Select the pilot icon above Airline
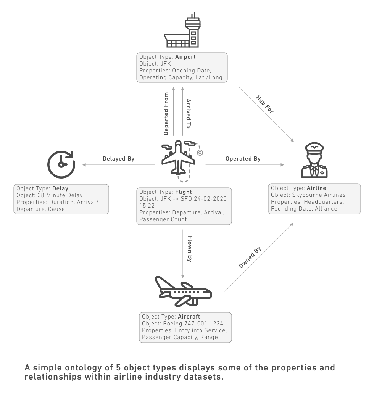pos(314,161)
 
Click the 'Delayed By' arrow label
pos(118,159)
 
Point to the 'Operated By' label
pos(243,159)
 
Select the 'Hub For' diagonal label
pos(265,103)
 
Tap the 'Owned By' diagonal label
pos(250,259)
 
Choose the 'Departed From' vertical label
pos(166,113)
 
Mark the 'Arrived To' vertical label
pos(188,113)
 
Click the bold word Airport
pos(185,57)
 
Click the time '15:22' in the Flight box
pos(147,205)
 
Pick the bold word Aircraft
pos(189,317)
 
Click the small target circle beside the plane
pos(200,152)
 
